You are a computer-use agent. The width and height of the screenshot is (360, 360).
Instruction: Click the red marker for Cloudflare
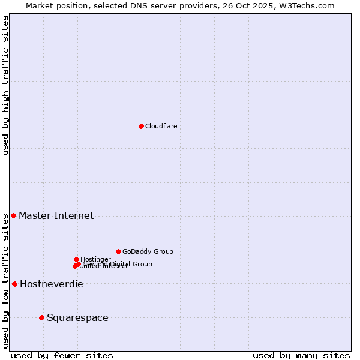(x=141, y=126)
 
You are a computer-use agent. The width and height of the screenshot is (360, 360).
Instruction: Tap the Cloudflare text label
(x=161, y=126)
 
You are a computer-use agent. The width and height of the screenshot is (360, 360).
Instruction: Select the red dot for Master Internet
(x=13, y=215)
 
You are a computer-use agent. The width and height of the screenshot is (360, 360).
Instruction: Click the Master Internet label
(x=56, y=216)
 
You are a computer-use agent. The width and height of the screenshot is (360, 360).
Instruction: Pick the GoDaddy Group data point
(x=118, y=251)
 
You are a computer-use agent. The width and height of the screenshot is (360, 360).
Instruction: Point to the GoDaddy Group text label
(x=148, y=252)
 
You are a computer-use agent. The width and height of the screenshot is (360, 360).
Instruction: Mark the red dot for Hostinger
(x=76, y=259)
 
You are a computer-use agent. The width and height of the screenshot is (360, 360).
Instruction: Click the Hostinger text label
(x=95, y=259)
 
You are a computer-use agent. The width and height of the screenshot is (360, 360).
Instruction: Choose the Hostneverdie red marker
(x=14, y=284)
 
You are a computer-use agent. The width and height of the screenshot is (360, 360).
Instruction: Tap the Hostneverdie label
(x=51, y=284)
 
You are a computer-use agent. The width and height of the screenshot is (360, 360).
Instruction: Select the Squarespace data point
(x=41, y=317)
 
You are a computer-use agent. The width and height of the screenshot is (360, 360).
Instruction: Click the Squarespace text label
(x=77, y=318)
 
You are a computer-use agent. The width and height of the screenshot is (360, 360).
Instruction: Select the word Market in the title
(x=40, y=5)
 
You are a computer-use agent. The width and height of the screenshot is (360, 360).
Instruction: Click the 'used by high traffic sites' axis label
(x=5, y=85)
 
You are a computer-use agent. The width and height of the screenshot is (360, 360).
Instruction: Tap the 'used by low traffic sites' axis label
(x=5, y=281)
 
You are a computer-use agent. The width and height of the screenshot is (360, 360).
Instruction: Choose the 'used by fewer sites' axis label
(x=62, y=355)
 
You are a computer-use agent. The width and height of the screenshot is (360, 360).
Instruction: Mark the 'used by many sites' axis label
(x=301, y=355)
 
